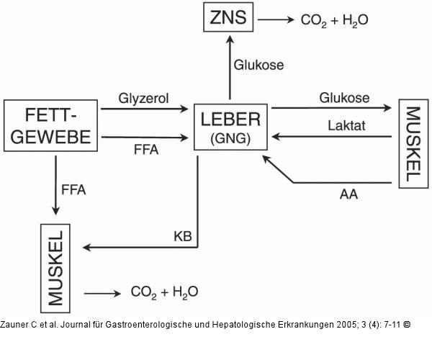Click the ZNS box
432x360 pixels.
(228, 19)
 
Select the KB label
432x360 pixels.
(183, 235)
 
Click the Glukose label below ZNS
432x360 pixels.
(258, 65)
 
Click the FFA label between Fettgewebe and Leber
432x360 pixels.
(145, 150)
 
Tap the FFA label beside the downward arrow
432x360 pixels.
(73, 190)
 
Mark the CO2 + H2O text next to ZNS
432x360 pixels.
(334, 20)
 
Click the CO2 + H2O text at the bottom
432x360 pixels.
(164, 292)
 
